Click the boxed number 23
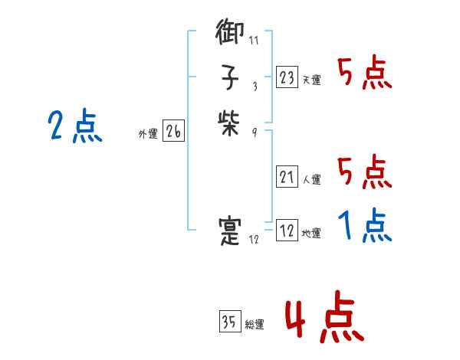[x=287, y=77]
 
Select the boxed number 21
[x=287, y=178]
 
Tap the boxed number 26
[x=173, y=132]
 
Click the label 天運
[x=311, y=80]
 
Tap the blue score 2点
[x=75, y=126]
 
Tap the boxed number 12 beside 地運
[x=287, y=231]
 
